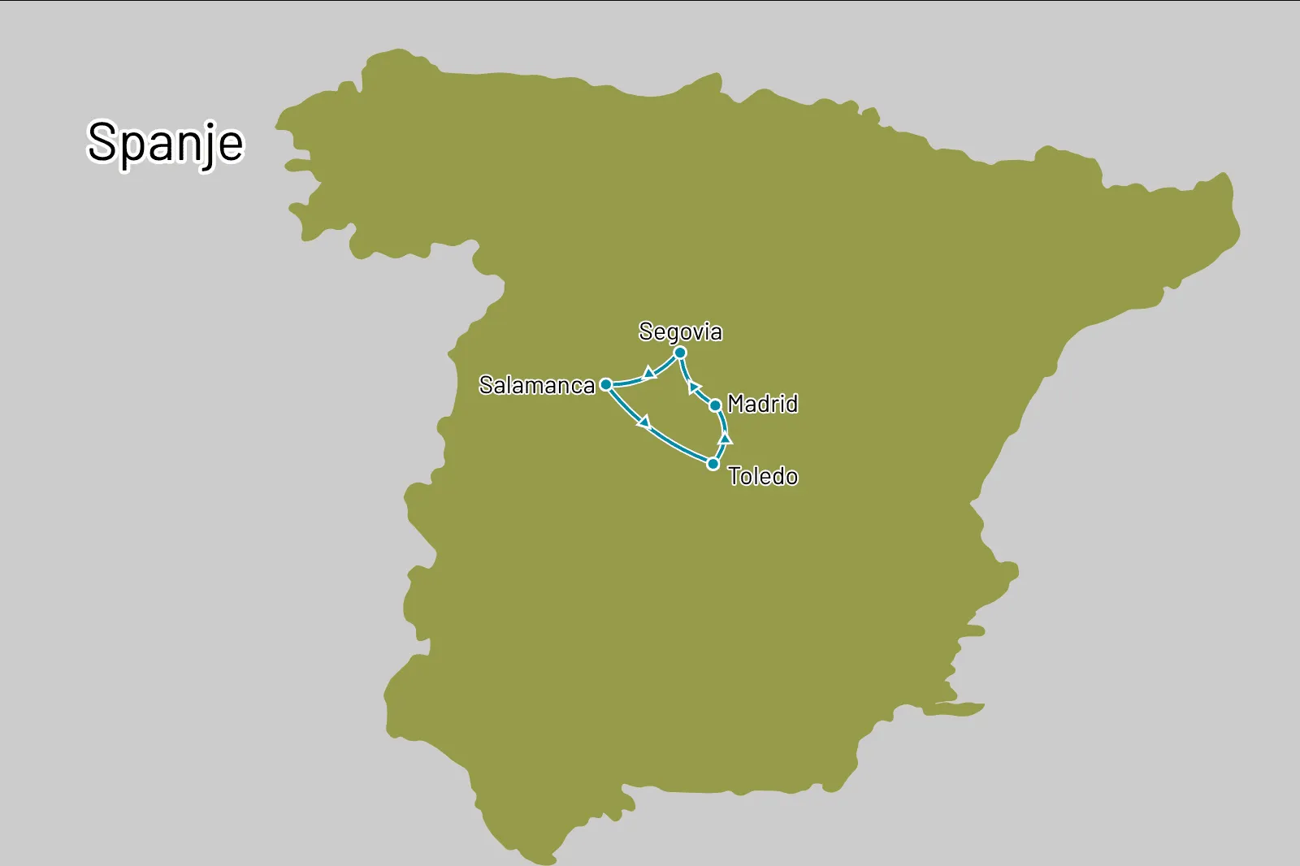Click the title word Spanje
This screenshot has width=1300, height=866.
[x=165, y=143]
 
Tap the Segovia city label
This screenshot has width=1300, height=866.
[x=680, y=331]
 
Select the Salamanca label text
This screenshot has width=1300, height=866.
[x=537, y=385]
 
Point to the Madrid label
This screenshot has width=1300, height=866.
[x=762, y=404]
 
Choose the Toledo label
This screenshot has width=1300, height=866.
[x=762, y=476]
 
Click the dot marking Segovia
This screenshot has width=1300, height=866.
[x=680, y=353]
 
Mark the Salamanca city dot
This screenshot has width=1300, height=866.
[x=606, y=384]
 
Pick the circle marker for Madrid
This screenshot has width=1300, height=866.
[x=715, y=405]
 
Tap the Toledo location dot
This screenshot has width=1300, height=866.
[x=713, y=464]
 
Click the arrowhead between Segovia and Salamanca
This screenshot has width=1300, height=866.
[x=649, y=373]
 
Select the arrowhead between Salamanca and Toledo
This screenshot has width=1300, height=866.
[x=645, y=422]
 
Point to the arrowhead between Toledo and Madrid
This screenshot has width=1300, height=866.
[x=726, y=439]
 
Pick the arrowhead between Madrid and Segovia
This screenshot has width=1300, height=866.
[x=695, y=387]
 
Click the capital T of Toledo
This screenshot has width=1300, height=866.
[x=736, y=476]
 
